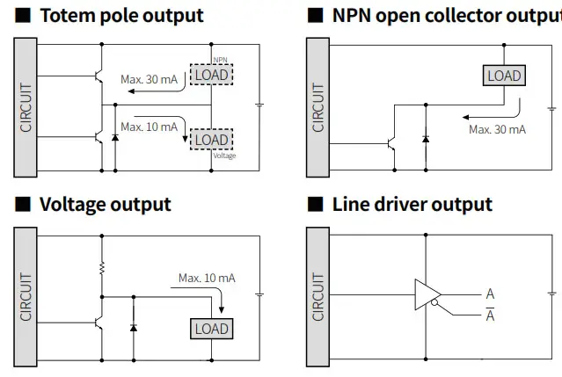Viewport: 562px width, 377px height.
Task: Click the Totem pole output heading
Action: coord(121,16)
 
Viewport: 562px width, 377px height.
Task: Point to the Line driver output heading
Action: coord(412,205)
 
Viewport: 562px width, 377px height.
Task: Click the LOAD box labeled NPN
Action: coord(211,75)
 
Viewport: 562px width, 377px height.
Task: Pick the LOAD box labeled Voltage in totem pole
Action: coord(211,140)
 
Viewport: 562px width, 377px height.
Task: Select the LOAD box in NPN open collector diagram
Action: coord(504,76)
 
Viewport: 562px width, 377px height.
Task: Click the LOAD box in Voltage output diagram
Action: coord(211,329)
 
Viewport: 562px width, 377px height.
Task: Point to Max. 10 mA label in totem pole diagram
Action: coord(149,127)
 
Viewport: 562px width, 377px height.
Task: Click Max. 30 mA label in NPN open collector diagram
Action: coord(497,129)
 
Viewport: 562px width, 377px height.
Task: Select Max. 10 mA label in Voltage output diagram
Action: coord(207,278)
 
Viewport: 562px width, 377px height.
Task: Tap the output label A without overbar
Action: coord(490,294)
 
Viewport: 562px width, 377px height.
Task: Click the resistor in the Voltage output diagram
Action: coord(102,266)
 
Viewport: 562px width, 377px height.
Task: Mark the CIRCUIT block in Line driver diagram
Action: coord(317,297)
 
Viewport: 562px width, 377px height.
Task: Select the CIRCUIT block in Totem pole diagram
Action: coord(26,107)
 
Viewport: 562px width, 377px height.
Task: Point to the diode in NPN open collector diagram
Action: coord(426,138)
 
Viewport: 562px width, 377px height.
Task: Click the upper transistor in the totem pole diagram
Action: coord(99,76)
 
